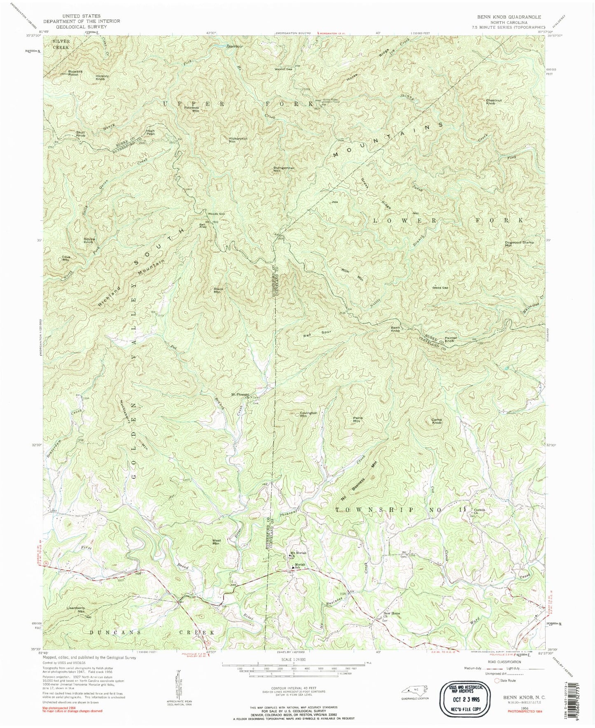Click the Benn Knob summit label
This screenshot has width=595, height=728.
pyautogui.click(x=395, y=329)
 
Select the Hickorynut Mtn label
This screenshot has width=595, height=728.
pyautogui.click(x=238, y=140)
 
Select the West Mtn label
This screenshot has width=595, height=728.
pyautogui.click(x=216, y=542)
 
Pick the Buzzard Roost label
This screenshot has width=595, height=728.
pyautogui.click(x=75, y=73)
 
